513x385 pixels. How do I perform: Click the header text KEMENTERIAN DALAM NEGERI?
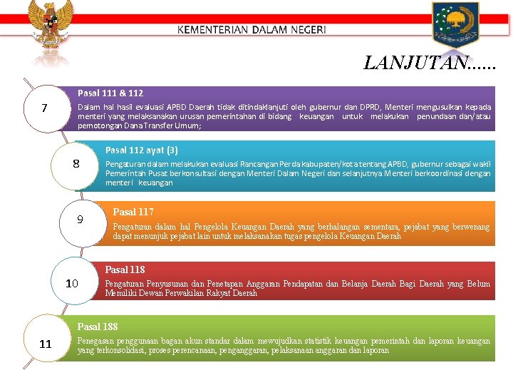click(x=252, y=30)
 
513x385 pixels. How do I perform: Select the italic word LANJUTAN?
click(x=416, y=63)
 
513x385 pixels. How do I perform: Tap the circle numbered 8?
click(x=76, y=164)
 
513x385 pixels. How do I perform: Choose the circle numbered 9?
click(x=81, y=219)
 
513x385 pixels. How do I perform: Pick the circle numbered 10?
click(x=72, y=283)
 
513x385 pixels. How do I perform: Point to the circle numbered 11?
click(x=46, y=344)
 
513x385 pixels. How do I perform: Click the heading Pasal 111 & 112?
click(x=110, y=93)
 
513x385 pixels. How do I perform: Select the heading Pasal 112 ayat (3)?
click(x=142, y=150)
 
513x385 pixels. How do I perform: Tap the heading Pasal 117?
click(x=133, y=212)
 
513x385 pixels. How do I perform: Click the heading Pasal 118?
click(x=125, y=269)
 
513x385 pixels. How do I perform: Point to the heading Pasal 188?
click(x=98, y=327)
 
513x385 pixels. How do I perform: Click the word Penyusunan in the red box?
click(x=166, y=284)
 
